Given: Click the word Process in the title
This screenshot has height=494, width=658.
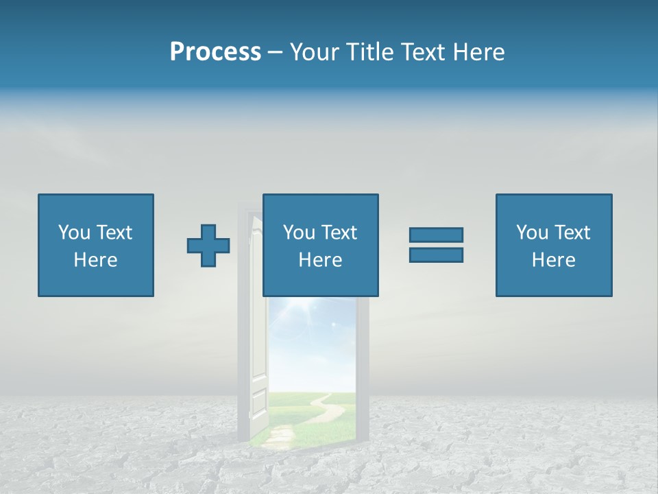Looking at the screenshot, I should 215,52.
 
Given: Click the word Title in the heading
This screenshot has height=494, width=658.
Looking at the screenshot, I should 367,52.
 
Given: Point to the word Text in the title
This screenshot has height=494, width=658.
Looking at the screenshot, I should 420,52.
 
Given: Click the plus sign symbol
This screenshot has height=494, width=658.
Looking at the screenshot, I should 208,246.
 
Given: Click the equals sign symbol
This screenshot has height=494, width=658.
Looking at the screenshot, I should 436,245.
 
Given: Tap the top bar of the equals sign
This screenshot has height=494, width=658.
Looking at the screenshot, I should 436,235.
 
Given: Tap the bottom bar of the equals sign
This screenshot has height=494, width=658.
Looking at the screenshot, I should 436,255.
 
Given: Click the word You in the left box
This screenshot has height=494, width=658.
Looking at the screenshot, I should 74,233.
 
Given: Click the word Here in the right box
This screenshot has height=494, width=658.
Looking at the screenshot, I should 554,260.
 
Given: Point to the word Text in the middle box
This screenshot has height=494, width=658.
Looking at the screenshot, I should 339,233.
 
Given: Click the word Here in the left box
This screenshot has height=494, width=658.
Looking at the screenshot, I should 96,260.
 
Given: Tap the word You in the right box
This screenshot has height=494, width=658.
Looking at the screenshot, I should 532,233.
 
